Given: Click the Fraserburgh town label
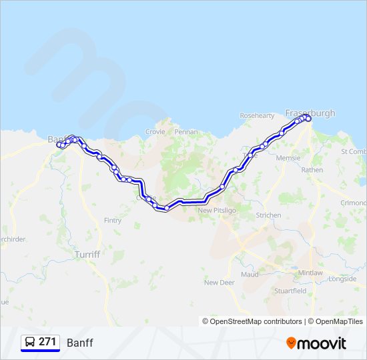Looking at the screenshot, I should point(310,113).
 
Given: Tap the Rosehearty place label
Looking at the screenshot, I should point(257,115).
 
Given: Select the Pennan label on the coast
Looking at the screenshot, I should point(186,132).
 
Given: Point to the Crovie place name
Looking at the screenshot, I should point(155,132).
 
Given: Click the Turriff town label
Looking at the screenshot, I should point(87,255).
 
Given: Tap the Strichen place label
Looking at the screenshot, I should point(268,215).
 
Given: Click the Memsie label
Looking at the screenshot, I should point(288,158).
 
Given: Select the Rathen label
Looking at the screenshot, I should point(312,170).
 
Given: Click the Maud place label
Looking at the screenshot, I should point(250,274).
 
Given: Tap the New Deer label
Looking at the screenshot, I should point(220,283).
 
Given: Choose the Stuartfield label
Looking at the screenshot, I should point(290,291).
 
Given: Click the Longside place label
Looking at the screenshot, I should point(342,279).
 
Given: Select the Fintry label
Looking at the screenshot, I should point(113,221).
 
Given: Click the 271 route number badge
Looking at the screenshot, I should point(47,342).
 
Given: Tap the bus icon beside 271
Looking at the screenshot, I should point(29,343).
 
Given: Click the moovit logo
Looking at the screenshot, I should point(316,343).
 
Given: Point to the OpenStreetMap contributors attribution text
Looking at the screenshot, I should point(252,321).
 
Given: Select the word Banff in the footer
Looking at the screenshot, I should point(79,343).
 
